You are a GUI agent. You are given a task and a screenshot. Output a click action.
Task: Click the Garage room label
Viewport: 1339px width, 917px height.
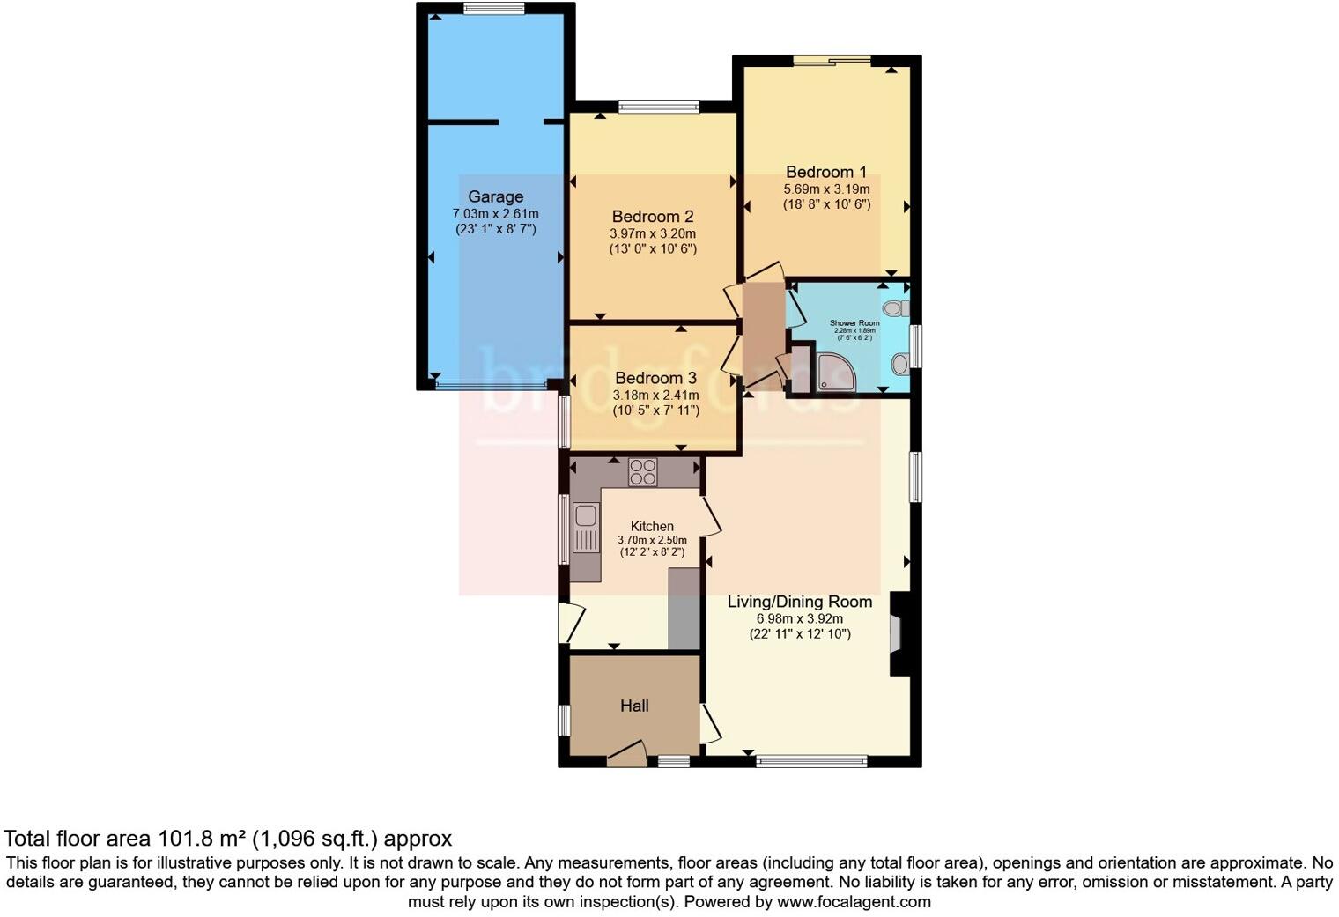tap(495, 197)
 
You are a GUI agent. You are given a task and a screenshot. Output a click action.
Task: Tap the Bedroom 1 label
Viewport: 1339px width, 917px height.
tap(825, 172)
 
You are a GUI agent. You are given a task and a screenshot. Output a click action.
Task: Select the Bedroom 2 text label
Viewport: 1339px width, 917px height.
tap(653, 217)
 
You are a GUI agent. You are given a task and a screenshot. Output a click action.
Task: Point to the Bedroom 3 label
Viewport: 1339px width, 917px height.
tap(655, 378)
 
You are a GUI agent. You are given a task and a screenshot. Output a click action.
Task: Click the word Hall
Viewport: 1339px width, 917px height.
tap(634, 706)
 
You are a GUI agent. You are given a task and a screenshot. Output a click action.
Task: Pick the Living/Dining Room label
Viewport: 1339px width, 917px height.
tap(799, 602)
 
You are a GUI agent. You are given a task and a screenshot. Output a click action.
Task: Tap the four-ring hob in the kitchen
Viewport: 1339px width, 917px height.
tap(641, 472)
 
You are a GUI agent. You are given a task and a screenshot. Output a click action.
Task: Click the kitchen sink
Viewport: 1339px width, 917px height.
tap(585, 527)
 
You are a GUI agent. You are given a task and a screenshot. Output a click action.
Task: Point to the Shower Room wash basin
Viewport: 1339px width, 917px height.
tap(899, 364)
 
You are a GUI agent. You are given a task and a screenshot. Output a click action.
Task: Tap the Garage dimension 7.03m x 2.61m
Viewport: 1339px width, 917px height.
tap(495, 214)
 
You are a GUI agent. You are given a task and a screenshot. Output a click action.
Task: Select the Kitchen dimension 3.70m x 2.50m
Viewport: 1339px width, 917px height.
tap(652, 540)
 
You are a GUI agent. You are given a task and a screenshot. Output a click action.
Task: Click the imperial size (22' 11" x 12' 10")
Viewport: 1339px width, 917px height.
tap(799, 633)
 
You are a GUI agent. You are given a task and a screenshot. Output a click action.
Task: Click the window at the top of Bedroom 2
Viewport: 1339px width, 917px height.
tap(659, 107)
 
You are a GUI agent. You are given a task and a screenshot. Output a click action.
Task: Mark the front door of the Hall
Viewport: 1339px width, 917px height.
tap(626, 752)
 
